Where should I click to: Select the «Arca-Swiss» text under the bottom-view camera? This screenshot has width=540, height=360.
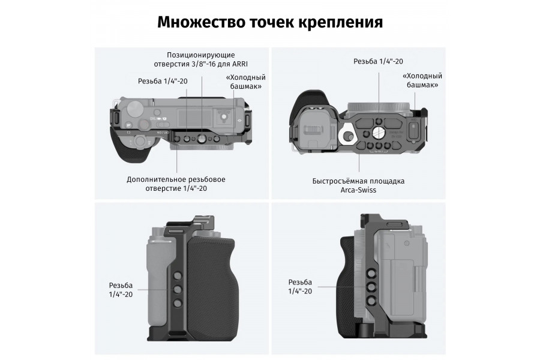[x=358, y=190]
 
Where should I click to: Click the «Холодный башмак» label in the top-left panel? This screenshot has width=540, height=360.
[x=245, y=82]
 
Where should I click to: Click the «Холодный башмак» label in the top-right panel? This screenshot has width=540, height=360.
[x=422, y=80]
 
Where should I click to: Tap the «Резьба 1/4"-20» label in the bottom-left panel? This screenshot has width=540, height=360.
[x=121, y=290]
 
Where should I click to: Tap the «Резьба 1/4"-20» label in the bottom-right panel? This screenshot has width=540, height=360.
[x=300, y=286]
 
